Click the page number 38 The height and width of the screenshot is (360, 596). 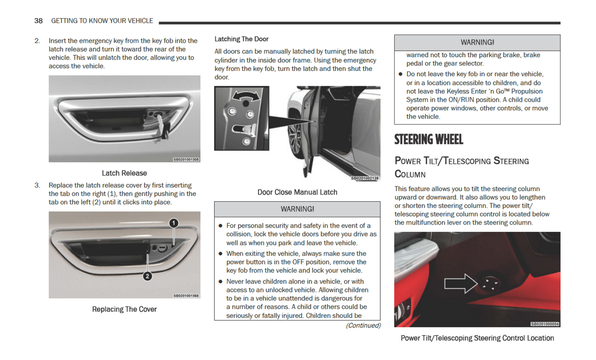38,21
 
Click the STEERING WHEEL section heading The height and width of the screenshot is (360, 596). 429,140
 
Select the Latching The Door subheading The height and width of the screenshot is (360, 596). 241,39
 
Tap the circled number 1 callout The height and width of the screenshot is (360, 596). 174,223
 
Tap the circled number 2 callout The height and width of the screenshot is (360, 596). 147,276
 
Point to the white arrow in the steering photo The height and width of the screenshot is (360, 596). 460,283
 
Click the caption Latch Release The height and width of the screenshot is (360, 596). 124,173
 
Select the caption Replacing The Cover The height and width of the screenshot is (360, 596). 124,309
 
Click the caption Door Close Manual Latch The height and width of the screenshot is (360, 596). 297,192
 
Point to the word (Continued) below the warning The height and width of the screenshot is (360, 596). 363,326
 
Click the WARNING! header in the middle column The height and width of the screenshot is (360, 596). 297,209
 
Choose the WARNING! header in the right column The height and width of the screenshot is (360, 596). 477,42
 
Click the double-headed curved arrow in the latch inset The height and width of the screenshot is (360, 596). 246,96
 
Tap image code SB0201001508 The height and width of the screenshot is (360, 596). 186,160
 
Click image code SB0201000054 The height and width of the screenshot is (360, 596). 545,324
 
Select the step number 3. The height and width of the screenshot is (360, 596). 37,186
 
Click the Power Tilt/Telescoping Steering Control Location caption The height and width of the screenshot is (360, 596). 477,338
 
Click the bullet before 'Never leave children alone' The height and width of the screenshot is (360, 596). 221,282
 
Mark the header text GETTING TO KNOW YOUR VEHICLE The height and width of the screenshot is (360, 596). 102,21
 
